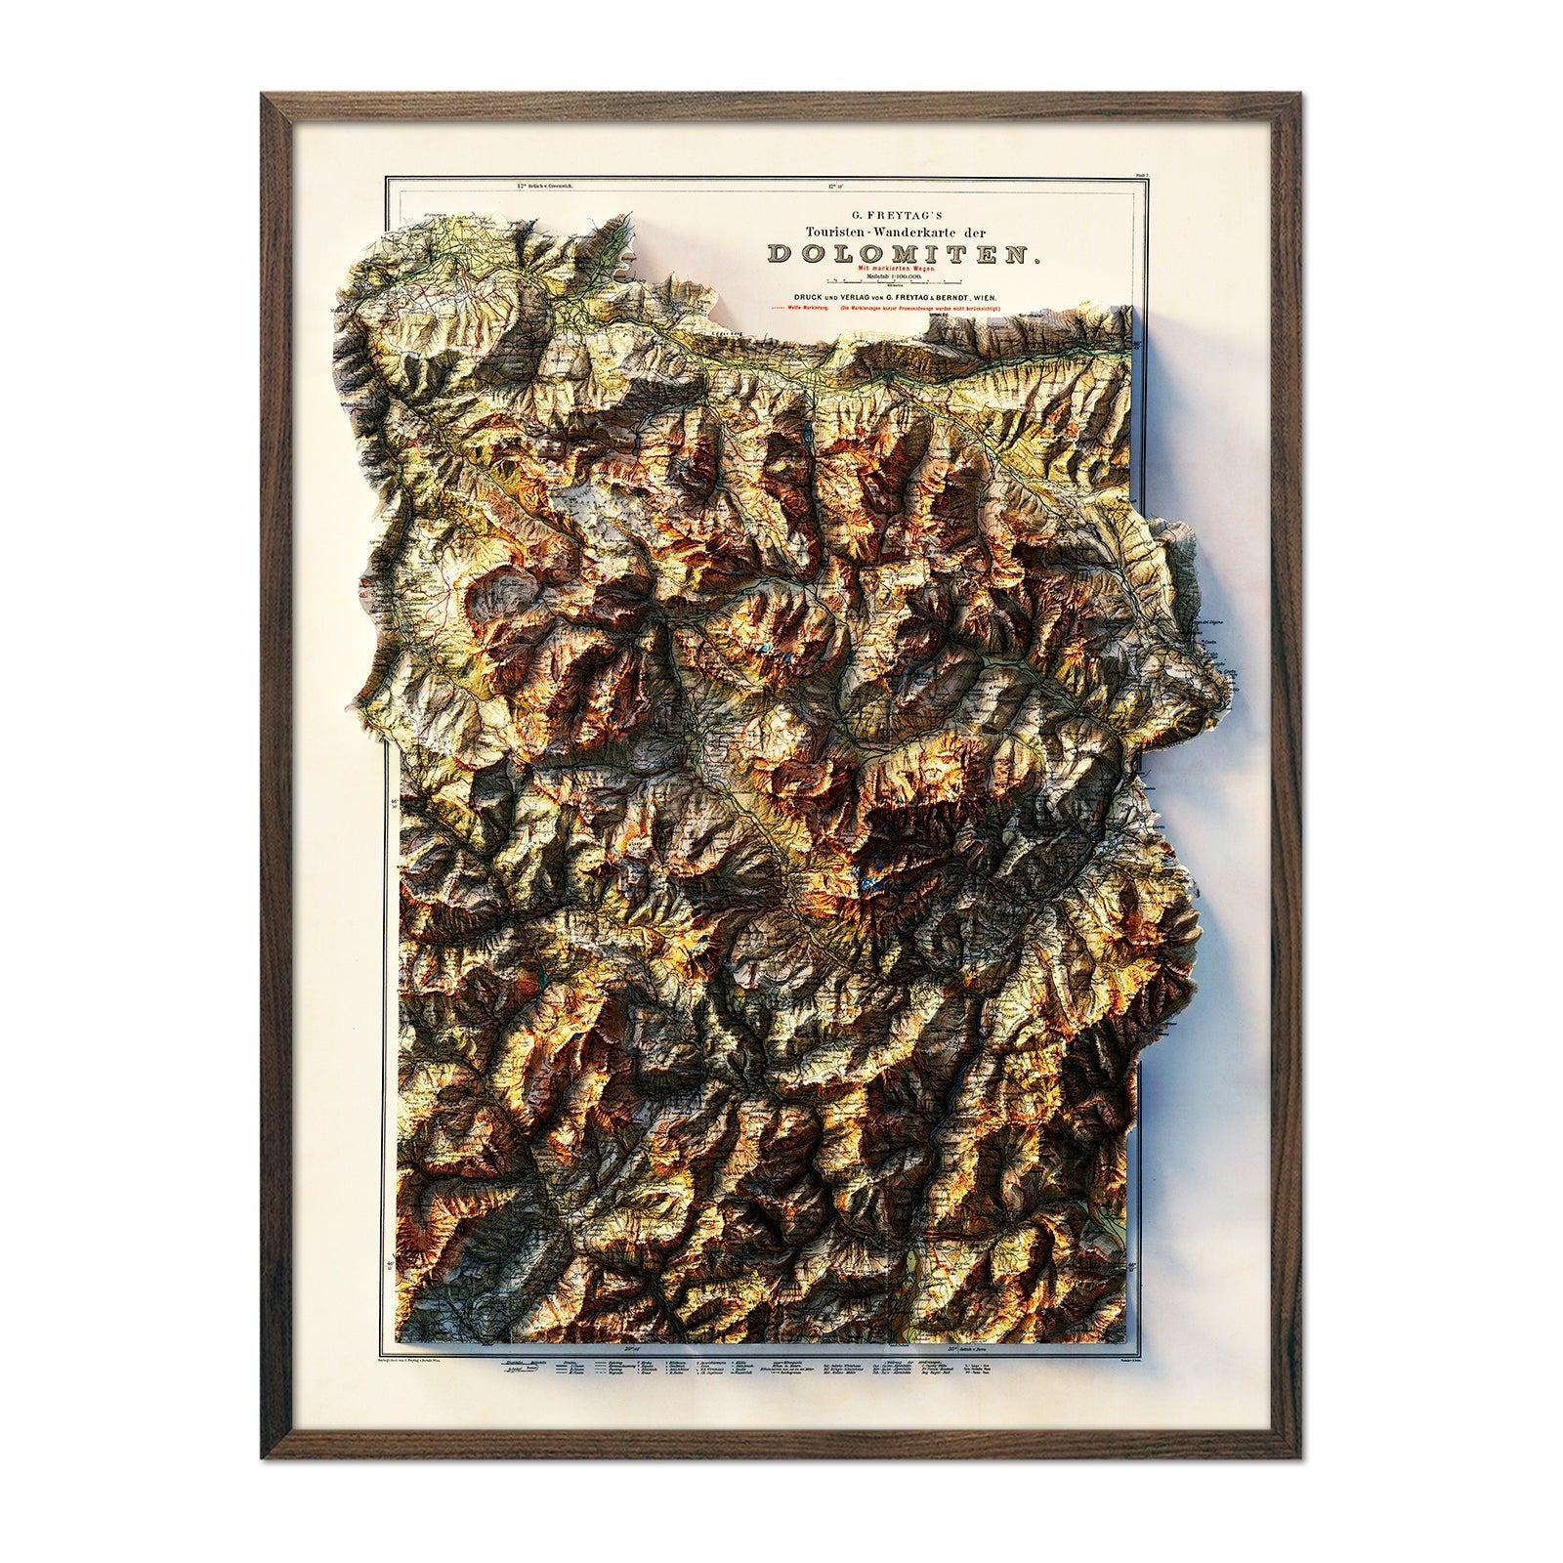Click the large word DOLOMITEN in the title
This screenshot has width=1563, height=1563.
[x=903, y=254]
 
